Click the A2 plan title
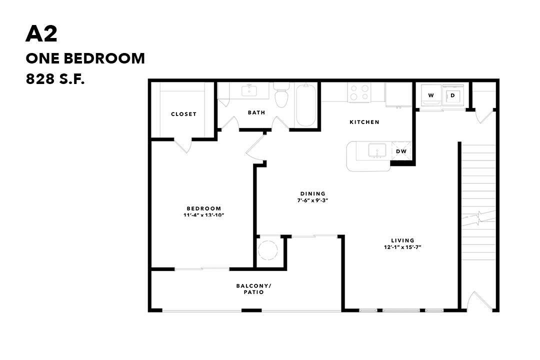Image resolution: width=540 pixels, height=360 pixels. (41, 34)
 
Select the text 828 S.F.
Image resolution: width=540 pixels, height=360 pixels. (55, 78)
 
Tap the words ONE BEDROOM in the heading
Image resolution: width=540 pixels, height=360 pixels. (85, 58)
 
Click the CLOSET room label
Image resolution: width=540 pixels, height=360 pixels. (183, 114)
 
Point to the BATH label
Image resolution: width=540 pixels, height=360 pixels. (256, 112)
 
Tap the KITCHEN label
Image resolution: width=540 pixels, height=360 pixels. (364, 122)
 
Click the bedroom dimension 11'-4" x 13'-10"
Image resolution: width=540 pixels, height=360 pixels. (203, 215)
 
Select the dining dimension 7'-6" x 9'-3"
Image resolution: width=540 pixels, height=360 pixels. (312, 200)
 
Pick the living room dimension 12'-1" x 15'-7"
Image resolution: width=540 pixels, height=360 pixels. (402, 247)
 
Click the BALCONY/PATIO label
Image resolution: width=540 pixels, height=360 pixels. (253, 289)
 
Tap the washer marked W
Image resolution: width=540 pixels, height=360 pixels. (430, 95)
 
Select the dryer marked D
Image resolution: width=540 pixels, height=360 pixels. (453, 95)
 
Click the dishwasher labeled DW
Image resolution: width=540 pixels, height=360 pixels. (401, 151)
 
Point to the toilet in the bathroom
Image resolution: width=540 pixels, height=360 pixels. (281, 97)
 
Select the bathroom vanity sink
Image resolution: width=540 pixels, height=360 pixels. (248, 90)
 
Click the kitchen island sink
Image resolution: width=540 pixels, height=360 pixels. (375, 150)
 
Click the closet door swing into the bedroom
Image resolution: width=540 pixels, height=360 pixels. (183, 145)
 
